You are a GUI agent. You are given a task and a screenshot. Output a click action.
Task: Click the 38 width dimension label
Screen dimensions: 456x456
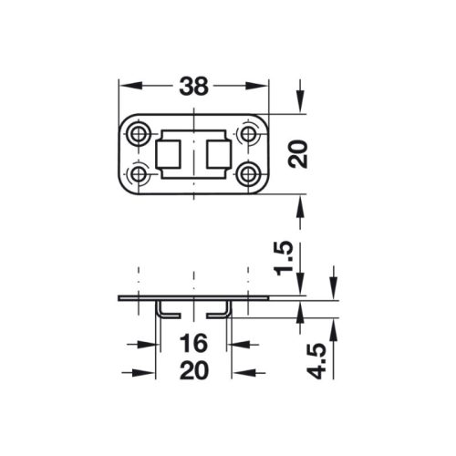(193, 86)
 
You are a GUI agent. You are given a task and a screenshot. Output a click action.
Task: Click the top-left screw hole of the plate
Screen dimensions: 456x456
(140, 135)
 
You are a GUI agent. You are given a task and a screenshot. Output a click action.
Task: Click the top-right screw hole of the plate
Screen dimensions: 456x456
(247, 135)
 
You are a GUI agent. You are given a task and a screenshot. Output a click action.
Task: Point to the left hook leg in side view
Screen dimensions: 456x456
(162, 310)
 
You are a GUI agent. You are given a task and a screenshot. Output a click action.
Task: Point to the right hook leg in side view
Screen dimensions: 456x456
(224, 310)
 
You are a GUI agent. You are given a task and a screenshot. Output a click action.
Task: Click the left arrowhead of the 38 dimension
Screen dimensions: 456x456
(128, 86)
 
